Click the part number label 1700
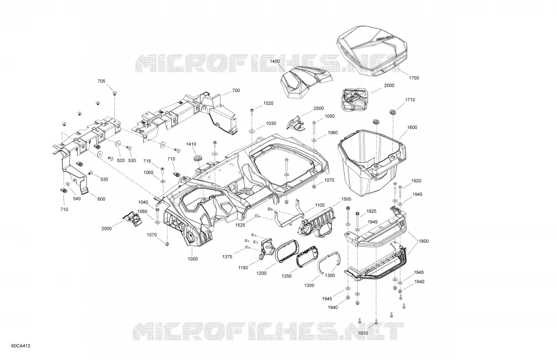point(414,78)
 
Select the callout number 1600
point(412,127)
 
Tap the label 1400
point(274,61)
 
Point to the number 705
point(101,81)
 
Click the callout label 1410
point(191,144)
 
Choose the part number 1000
point(192,259)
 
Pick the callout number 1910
point(363,333)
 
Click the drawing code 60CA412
point(21,346)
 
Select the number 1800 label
point(423,241)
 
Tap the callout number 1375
point(227,257)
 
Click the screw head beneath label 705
point(115,93)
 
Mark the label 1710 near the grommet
point(410,100)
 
